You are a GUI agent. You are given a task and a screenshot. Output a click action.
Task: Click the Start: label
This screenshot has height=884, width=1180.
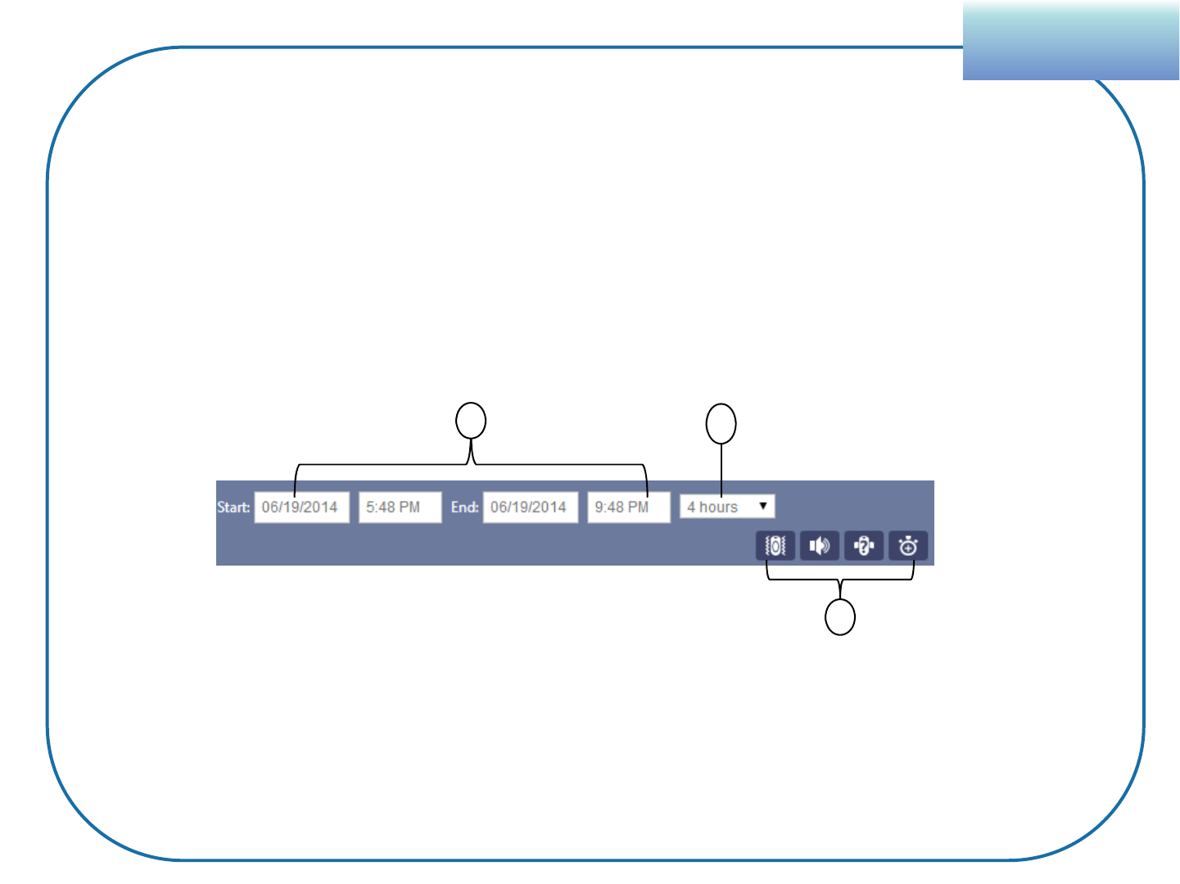coord(233,507)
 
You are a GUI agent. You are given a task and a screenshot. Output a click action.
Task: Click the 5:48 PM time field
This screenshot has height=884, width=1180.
coord(400,507)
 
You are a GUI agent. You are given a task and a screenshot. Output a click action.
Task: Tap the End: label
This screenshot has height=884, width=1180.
coord(464,507)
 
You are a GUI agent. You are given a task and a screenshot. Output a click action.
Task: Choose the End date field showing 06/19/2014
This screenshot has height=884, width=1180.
coord(530,507)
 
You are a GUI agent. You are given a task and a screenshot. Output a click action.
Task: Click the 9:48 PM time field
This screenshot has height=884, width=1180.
coord(628,507)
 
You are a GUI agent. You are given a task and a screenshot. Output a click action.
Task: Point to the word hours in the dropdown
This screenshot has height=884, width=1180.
coord(718,507)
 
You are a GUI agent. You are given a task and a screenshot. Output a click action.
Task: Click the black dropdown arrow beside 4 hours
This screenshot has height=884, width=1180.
coord(763,506)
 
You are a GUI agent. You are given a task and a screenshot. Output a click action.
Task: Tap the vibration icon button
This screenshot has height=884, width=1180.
coord(775,546)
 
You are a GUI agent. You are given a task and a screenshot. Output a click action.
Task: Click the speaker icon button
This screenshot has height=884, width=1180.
coord(820,546)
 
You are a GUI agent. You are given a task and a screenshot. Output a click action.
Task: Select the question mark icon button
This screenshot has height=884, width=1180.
coord(864,546)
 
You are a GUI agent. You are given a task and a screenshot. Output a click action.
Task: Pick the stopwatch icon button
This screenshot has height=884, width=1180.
coord(908,546)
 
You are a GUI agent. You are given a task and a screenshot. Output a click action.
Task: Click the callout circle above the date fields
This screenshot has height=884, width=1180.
coord(471,422)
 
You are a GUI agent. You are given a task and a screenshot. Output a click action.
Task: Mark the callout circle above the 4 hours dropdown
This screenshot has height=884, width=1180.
coord(721,424)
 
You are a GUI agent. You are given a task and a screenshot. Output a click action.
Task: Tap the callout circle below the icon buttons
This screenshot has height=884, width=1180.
coord(840,617)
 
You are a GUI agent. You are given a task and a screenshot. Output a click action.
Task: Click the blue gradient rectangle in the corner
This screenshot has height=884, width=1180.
coord(1070,41)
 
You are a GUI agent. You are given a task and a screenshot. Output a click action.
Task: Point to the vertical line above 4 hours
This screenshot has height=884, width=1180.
coord(721,469)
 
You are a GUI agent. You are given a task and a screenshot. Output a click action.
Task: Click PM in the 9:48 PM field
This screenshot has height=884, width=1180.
coord(639,507)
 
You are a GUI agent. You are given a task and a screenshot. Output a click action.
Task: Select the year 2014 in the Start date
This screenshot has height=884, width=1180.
coord(320,507)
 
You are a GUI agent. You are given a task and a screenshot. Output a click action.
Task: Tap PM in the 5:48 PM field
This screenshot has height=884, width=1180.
coord(409,507)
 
